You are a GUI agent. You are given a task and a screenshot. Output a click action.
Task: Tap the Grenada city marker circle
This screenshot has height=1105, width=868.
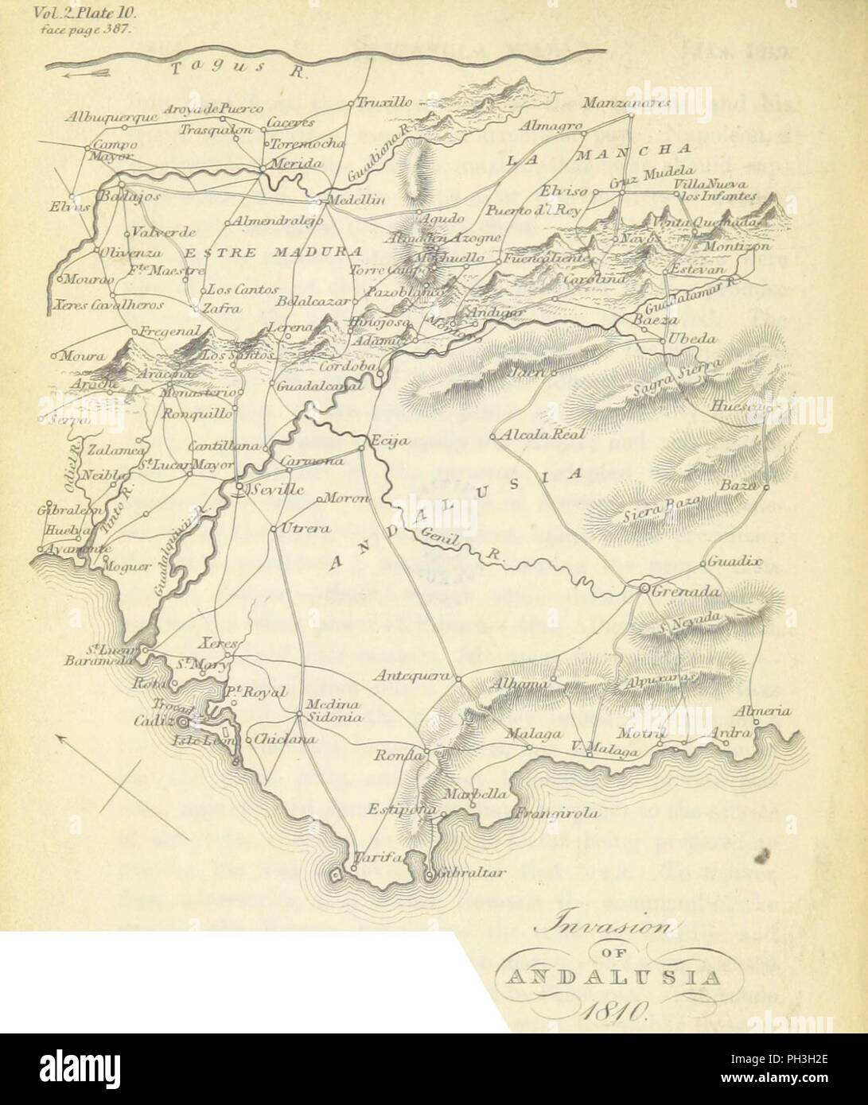(x=644, y=589)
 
